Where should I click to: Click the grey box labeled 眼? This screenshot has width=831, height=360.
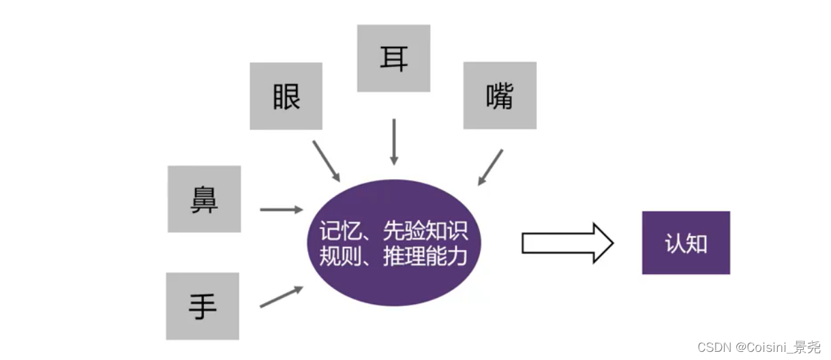point(286,96)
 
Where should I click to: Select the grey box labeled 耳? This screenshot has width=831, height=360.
point(393,59)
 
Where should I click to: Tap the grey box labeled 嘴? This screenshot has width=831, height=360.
point(500,95)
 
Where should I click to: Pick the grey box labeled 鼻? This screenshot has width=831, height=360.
point(204,199)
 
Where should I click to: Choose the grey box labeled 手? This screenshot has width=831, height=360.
point(202,306)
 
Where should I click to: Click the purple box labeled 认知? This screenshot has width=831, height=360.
point(686,243)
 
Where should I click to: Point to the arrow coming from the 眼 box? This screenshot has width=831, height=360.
point(326,161)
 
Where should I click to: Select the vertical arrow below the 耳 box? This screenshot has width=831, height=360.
point(393,142)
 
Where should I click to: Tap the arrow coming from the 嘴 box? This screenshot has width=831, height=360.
point(491,167)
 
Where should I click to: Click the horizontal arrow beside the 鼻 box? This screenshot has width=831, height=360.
point(281,209)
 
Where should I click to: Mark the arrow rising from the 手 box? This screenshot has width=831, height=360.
point(281,297)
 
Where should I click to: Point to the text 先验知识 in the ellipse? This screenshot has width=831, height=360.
point(425,232)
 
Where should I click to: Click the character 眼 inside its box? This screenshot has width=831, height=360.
point(286,97)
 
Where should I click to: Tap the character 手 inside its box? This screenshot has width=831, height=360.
point(202,306)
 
